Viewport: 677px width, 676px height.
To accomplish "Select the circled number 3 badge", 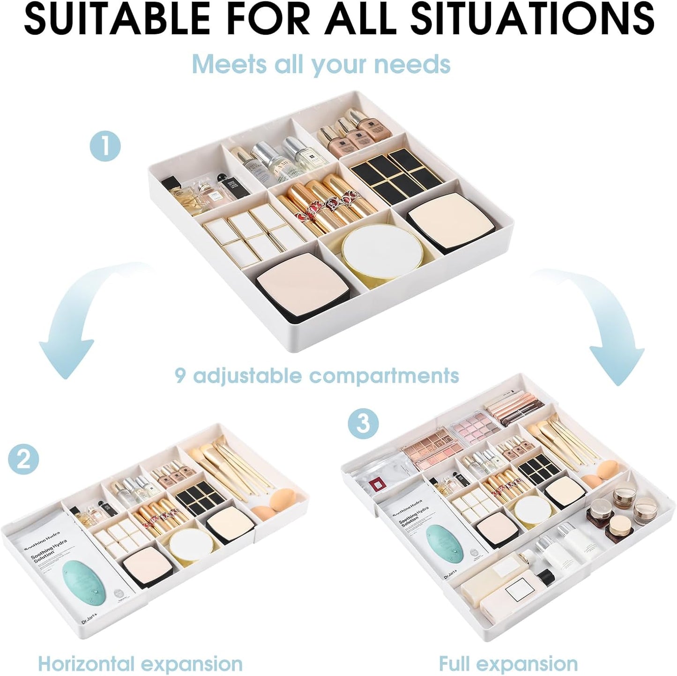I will [364, 423].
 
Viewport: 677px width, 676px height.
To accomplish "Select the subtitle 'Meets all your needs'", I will [321, 64].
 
